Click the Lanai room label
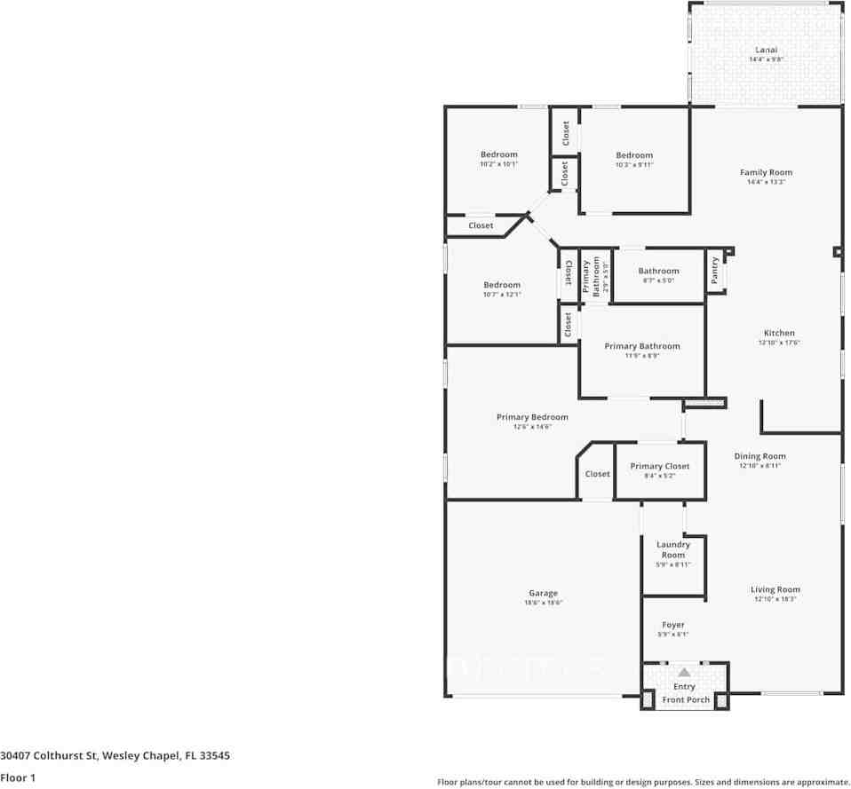pos(766,50)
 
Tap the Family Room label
pos(766,172)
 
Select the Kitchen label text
pos(779,333)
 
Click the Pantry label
pos(715,271)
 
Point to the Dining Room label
pos(760,456)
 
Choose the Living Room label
pos(775,589)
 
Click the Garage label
pos(544,593)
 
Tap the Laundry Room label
pos(673,549)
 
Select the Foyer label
pos(673,625)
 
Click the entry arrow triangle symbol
pos(684,673)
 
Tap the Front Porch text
pos(686,700)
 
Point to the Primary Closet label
pos(659,466)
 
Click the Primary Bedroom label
pos(532,417)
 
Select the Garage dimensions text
pos(544,603)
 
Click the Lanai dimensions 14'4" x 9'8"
pos(766,59)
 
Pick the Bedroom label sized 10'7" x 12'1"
pos(502,285)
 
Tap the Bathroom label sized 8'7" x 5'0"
pos(658,271)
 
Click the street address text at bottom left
pos(115,756)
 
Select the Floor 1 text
pos(18,777)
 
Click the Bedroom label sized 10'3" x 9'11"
pos(634,155)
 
